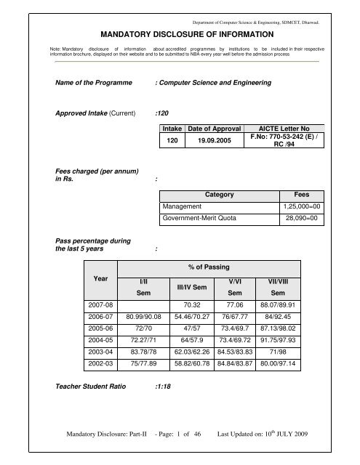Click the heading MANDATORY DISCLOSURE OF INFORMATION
point(180,33)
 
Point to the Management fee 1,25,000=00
point(300,207)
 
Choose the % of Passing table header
point(212,270)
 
